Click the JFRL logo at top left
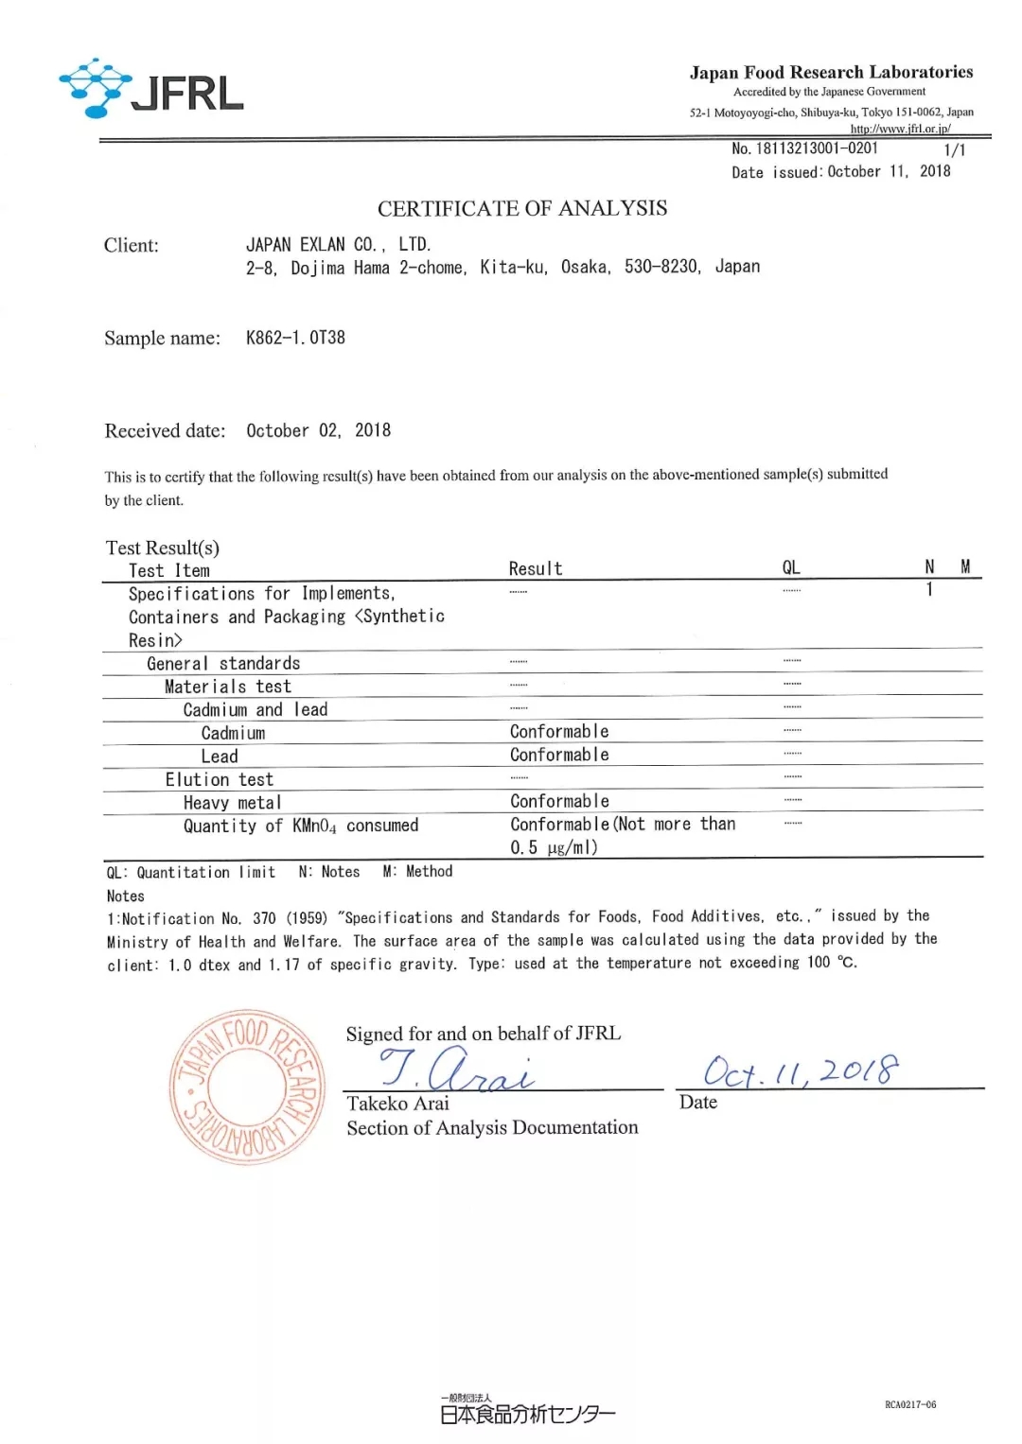point(151,90)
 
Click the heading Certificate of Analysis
point(522,208)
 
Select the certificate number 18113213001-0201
point(816,148)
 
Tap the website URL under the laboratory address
point(900,129)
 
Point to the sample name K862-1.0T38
point(295,338)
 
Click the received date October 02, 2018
point(318,430)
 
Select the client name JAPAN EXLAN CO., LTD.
point(338,245)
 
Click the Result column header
point(536,568)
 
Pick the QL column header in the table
point(791,567)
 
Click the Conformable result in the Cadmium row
point(559,732)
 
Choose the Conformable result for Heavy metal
point(559,802)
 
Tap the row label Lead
point(220,756)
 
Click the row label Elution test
point(220,779)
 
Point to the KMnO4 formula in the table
point(314,826)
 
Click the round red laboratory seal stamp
point(248,1087)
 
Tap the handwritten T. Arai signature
point(457,1070)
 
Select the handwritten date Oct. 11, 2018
point(801,1071)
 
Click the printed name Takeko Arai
point(397,1104)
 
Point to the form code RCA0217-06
point(910,1404)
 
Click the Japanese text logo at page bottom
point(527,1413)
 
